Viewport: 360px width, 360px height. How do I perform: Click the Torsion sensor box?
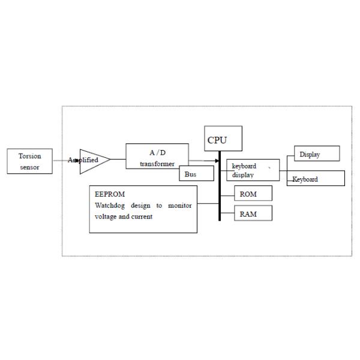click(29, 161)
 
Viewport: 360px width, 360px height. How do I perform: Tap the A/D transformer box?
click(157, 156)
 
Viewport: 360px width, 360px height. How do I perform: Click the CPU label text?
click(217, 140)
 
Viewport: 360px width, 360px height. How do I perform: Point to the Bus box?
click(197, 173)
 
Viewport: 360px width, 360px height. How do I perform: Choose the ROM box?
click(253, 193)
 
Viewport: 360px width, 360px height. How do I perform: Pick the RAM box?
click(253, 213)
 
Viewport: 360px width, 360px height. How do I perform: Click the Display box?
click(317, 154)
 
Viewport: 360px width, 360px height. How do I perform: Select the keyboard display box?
click(253, 170)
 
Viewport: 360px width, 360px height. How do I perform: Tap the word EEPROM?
click(110, 194)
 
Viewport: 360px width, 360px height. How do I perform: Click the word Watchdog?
click(110, 205)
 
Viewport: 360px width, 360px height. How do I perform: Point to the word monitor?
click(180, 205)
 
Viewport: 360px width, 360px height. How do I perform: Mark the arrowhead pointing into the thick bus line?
click(217, 161)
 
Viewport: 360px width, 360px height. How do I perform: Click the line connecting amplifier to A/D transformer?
click(118, 159)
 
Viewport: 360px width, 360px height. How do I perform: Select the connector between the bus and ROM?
click(227, 196)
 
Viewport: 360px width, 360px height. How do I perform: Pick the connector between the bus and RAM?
click(227, 213)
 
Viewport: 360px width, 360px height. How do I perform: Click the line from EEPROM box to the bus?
click(208, 203)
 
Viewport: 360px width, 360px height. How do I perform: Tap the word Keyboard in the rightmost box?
click(305, 179)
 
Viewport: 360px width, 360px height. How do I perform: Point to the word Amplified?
click(83, 160)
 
